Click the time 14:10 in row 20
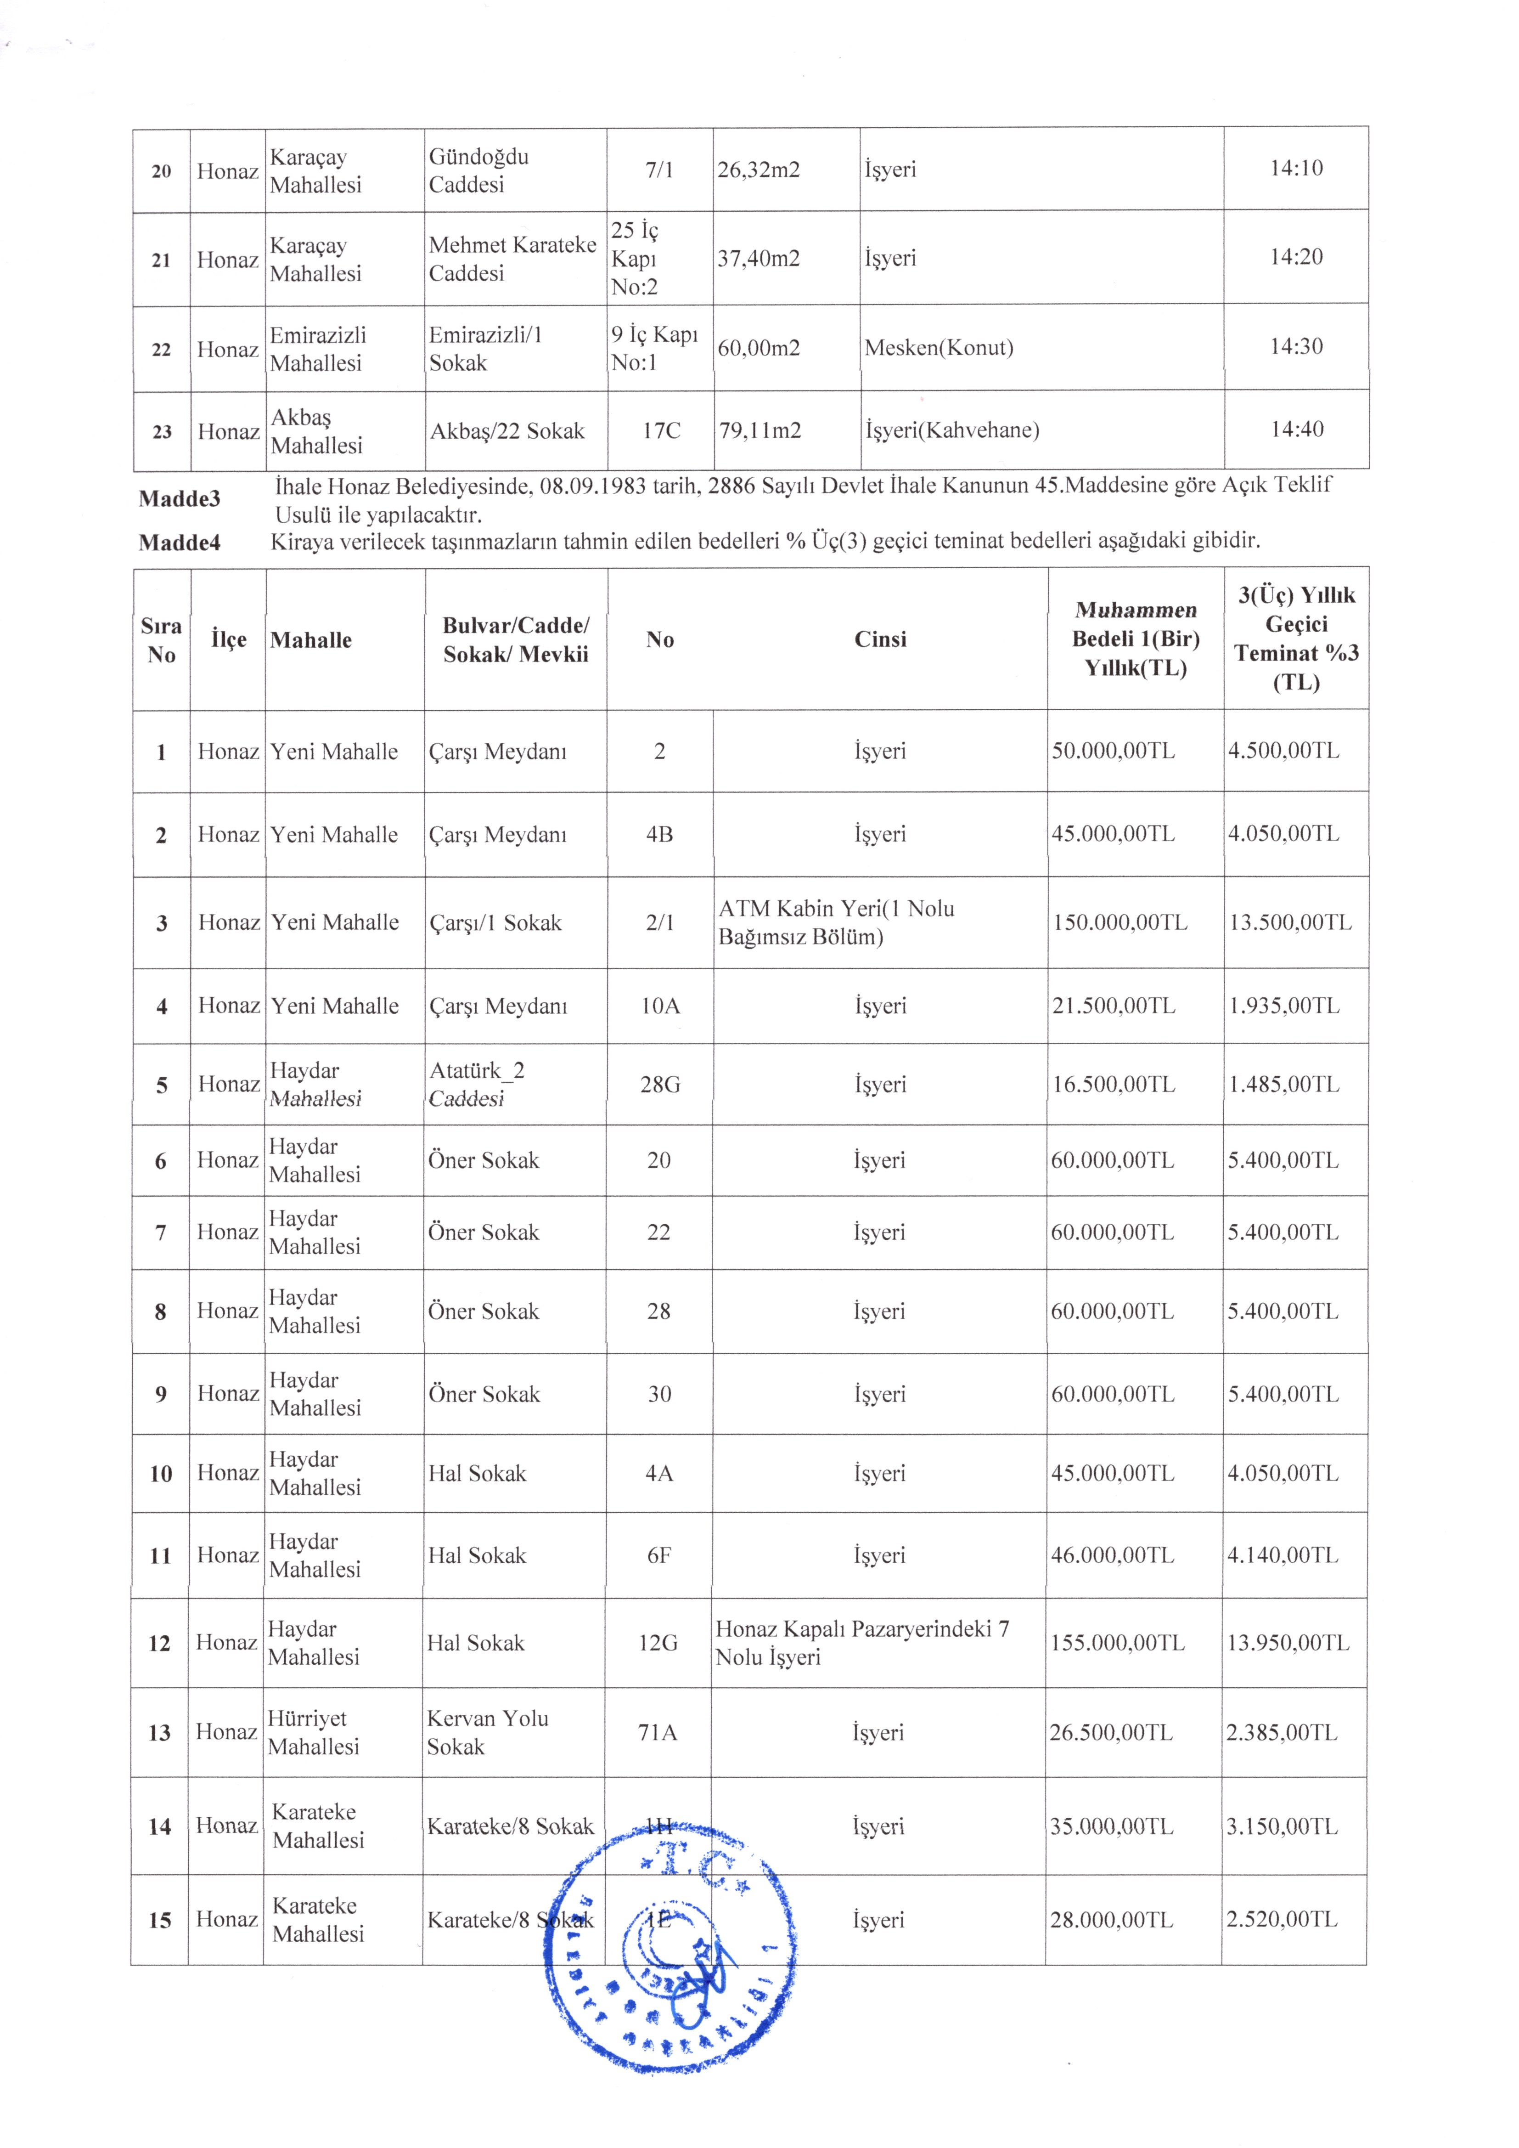pos(1295,169)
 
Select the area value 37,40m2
pos(759,258)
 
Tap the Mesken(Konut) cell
pos(938,348)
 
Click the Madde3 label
pos(180,499)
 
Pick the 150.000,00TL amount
pos(1120,922)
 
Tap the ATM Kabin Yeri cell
pos(836,922)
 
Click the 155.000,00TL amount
pos(1117,1643)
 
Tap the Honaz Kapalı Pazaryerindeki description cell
pos(861,1643)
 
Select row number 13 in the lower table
pos(160,1733)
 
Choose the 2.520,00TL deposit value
pos(1282,1912)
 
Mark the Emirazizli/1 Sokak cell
pos(485,349)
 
